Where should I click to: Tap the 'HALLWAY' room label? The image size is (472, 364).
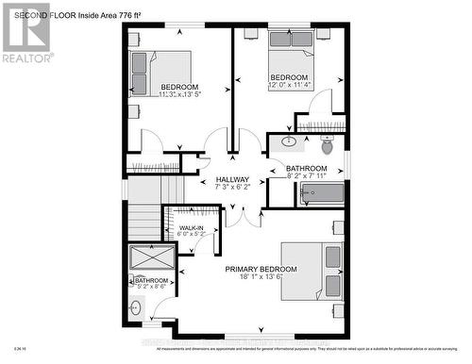[x=232, y=179]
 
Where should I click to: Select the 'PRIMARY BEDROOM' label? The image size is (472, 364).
[x=260, y=269]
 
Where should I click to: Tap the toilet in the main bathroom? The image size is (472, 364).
[x=327, y=145]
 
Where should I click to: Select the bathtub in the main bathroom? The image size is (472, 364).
[x=320, y=194]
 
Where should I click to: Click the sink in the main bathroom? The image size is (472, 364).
[x=289, y=143]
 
